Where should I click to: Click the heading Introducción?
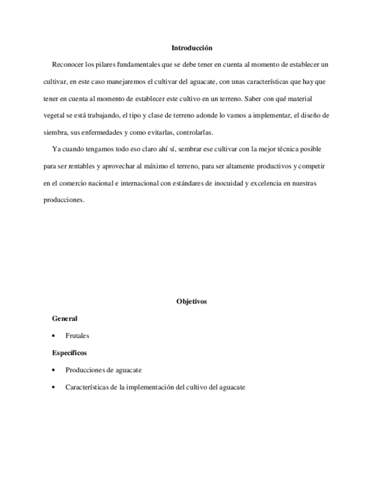click(192, 48)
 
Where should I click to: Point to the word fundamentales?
click(144, 64)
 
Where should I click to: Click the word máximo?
click(154, 166)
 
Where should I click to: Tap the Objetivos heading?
click(192, 301)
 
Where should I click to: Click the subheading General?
click(65, 319)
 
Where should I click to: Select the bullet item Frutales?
click(77, 336)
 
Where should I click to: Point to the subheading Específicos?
click(69, 353)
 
